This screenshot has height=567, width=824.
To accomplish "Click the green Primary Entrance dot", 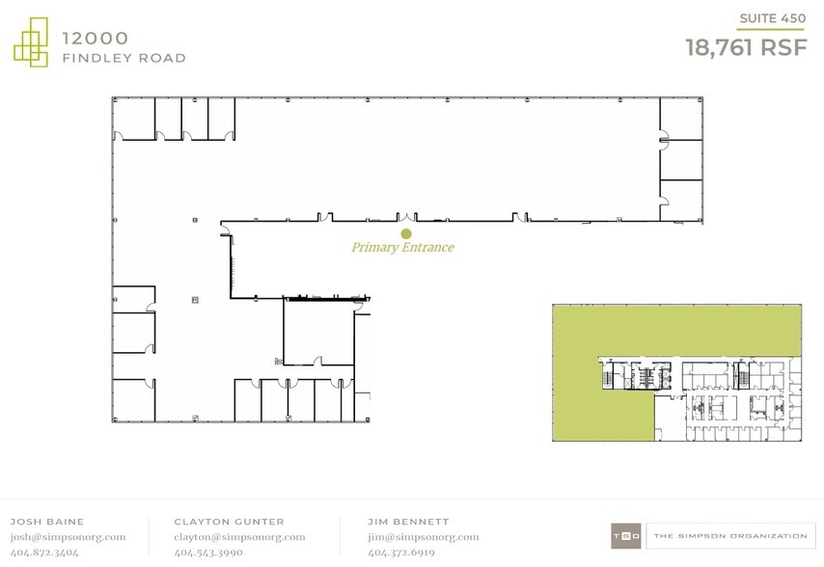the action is [x=405, y=233].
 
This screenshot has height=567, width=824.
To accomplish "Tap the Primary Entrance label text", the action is [x=402, y=247].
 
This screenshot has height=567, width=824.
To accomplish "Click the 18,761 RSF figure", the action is [x=746, y=48].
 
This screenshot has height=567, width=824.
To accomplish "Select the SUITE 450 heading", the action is [x=773, y=18].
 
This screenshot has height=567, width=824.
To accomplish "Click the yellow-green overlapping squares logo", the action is [x=31, y=42].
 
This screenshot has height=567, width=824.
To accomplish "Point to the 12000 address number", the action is [x=96, y=38].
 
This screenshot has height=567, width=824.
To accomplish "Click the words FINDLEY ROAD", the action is [x=124, y=58].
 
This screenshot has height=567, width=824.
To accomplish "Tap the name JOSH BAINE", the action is [x=47, y=522].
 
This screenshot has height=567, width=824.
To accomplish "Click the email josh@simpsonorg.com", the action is [x=69, y=536].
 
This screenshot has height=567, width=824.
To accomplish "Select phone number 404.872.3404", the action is [x=44, y=553].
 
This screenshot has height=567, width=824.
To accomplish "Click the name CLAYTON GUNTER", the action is [x=229, y=522].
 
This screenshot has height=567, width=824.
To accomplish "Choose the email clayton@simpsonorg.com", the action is [x=239, y=536].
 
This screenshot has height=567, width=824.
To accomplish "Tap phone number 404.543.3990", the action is [x=208, y=553].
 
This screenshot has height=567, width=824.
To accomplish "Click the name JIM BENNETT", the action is [x=408, y=522].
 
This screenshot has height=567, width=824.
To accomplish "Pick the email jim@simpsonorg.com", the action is [x=424, y=536].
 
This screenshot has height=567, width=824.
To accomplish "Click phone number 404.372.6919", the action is [x=401, y=553].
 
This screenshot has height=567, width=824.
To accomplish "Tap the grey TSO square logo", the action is [x=626, y=536].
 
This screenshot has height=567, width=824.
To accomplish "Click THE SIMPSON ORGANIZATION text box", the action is [x=730, y=536].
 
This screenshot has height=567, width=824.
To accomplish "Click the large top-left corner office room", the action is [x=134, y=119].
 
